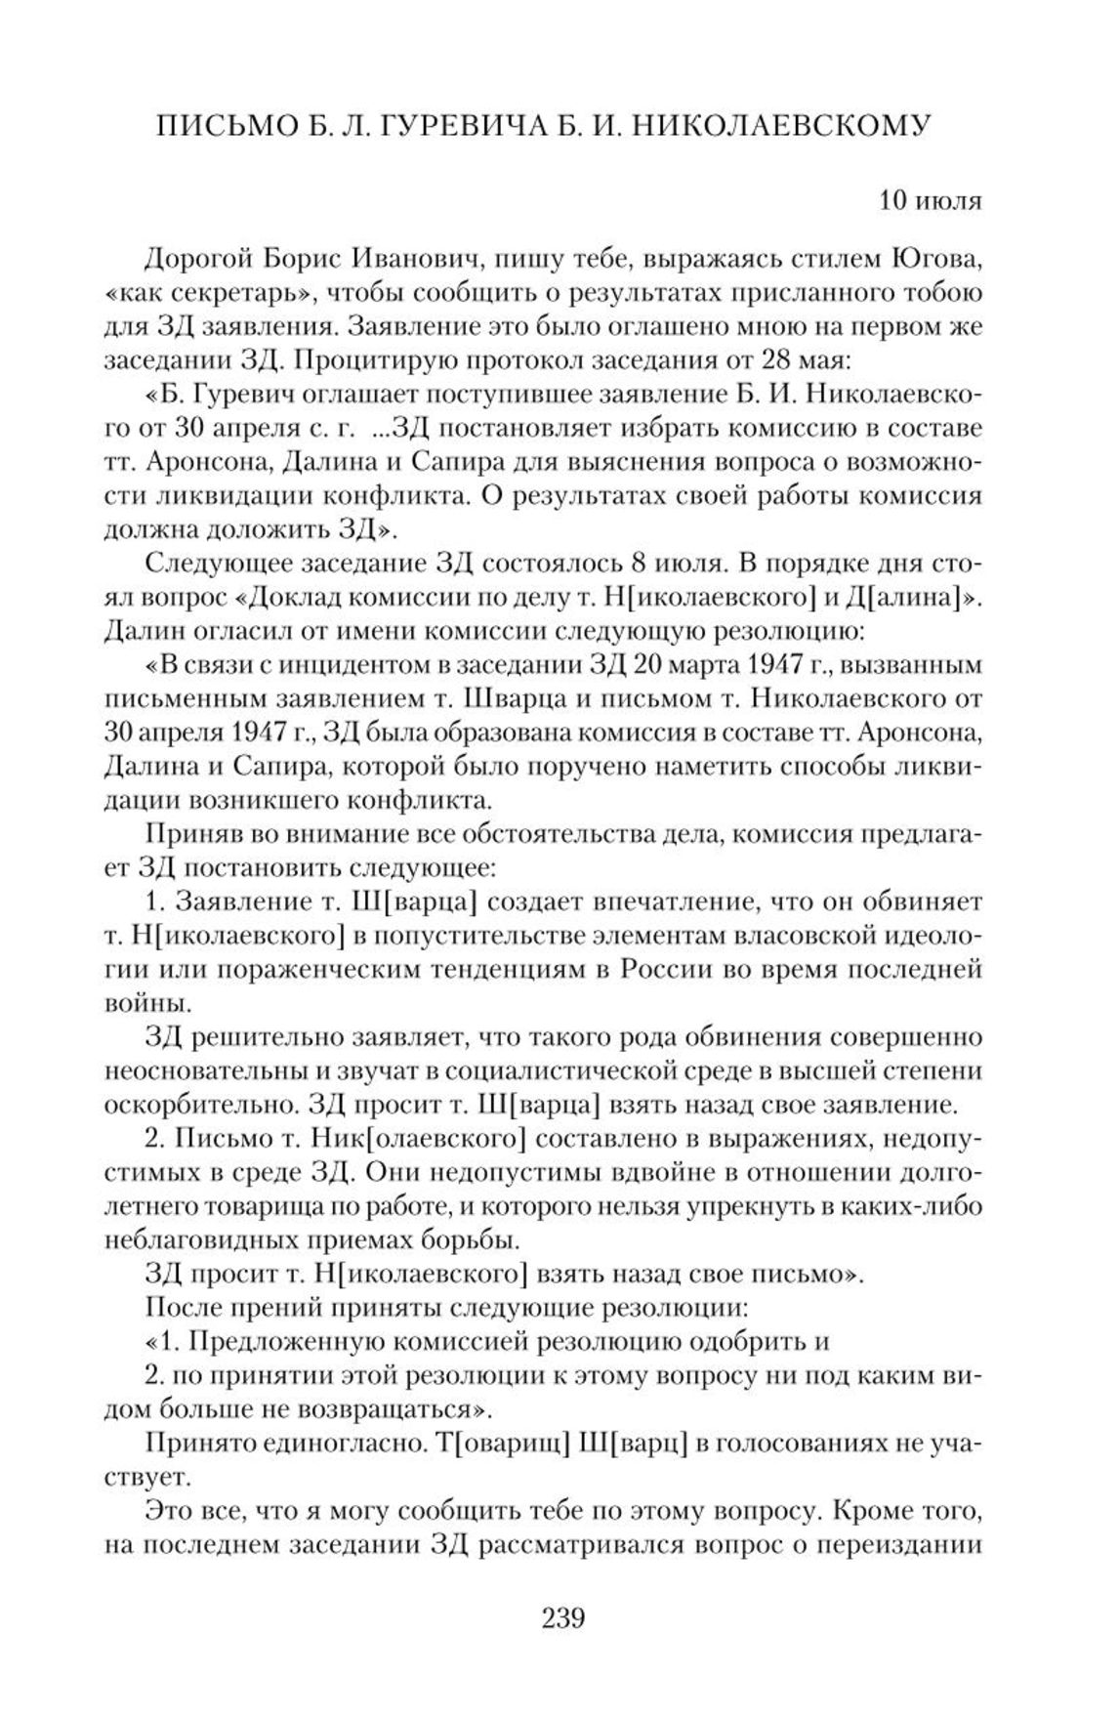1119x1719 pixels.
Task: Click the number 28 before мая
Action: pos(775,360)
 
